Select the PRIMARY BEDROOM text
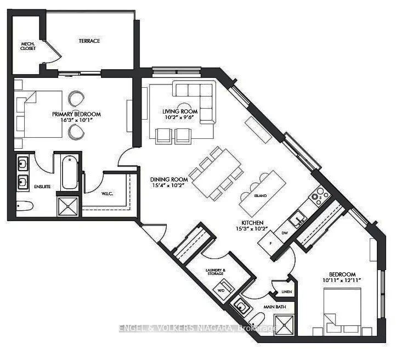tap(77, 114)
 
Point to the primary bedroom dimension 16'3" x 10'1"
tap(77, 120)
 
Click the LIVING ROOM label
tap(177, 111)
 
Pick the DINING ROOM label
tap(169, 179)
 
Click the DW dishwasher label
tap(284, 233)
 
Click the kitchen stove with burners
tap(319, 194)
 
